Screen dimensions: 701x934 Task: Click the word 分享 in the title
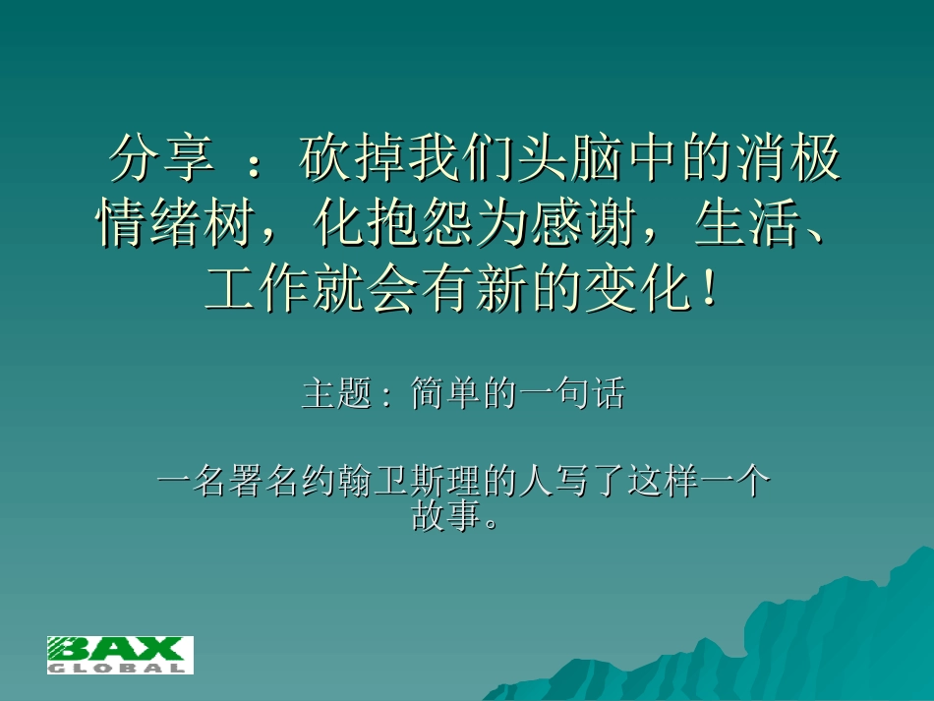click(161, 159)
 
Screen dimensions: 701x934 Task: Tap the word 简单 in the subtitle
click(443, 395)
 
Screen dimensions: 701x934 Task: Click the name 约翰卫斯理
click(393, 484)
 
